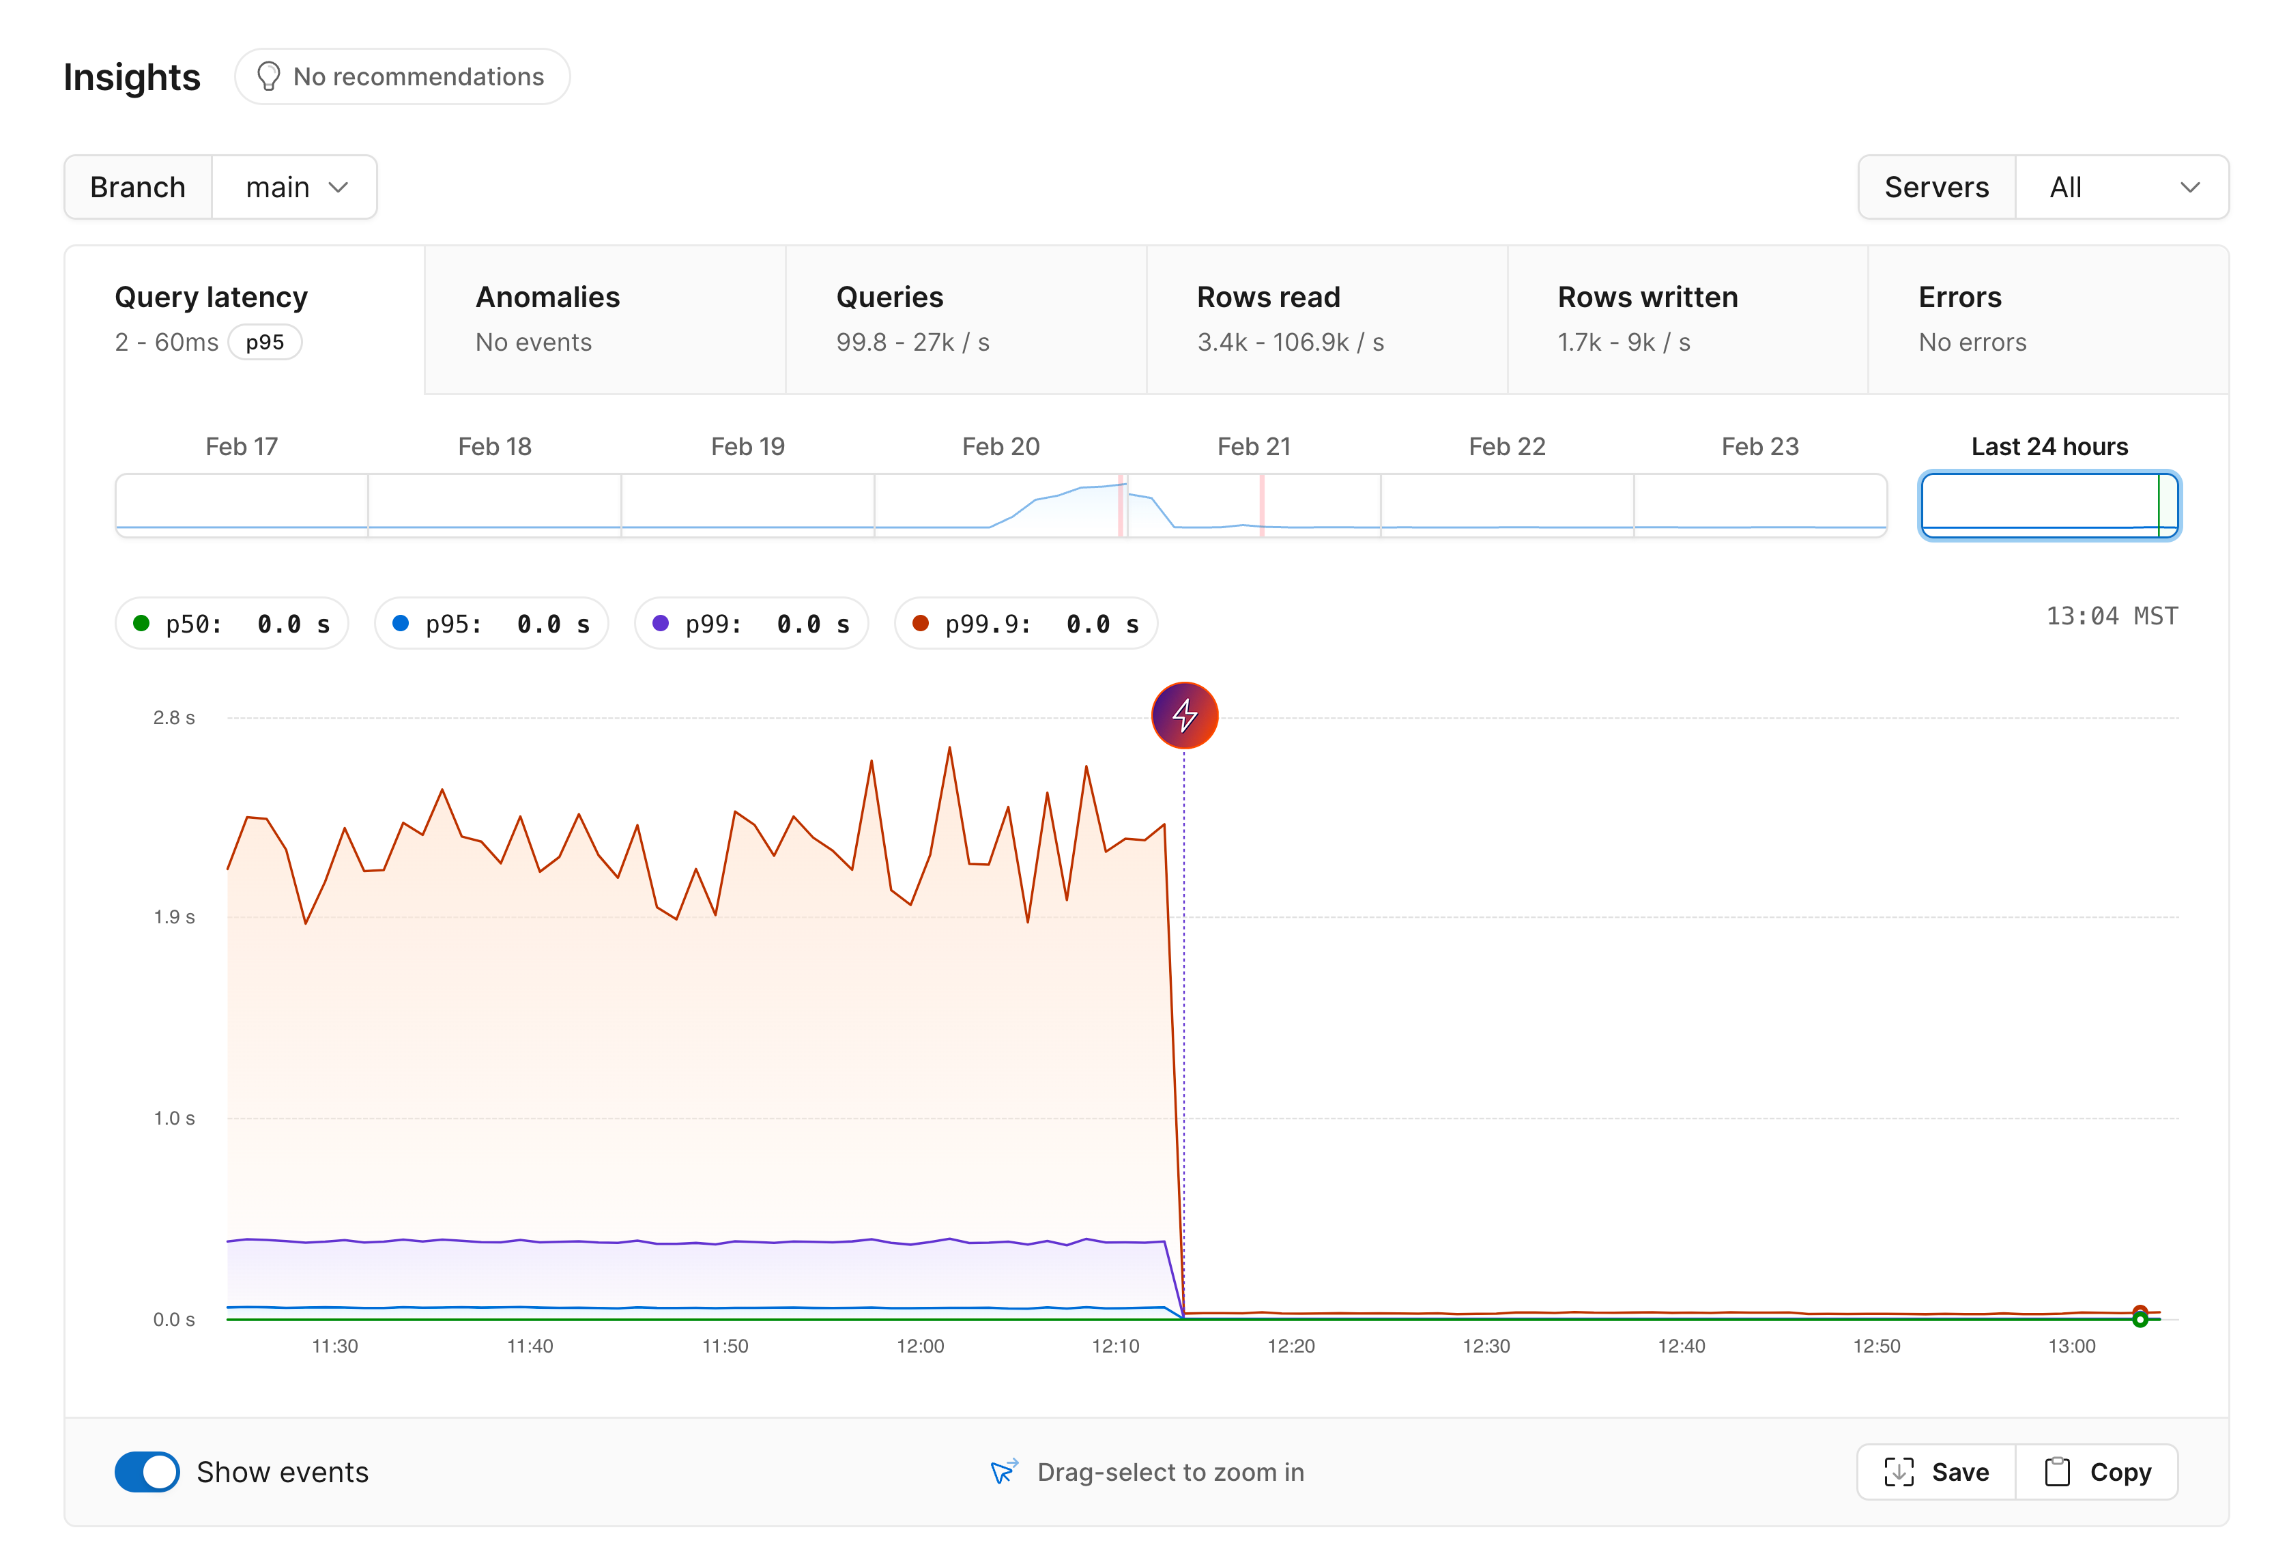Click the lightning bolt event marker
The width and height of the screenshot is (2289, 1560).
click(x=1184, y=715)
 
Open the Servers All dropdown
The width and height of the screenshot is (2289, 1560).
click(x=2122, y=187)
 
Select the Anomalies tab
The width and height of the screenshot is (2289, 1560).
click(x=605, y=319)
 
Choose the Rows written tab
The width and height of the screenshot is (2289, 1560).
click(x=1686, y=319)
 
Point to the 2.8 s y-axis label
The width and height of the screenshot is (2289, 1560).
click(x=173, y=718)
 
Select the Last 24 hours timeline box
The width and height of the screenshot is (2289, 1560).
click(x=2049, y=505)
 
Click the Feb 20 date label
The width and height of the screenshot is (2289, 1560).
click(x=1000, y=446)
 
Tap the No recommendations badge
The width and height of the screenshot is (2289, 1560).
click(x=402, y=77)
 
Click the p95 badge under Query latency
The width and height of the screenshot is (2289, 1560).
click(x=265, y=343)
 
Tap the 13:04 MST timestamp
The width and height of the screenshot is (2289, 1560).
click(x=2111, y=616)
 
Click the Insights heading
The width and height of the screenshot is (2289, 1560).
click(x=132, y=78)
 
